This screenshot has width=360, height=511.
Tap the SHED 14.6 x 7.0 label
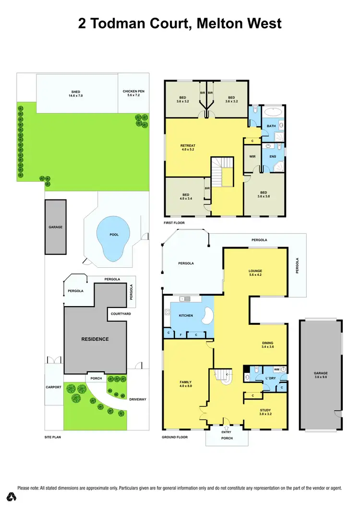click(x=76, y=94)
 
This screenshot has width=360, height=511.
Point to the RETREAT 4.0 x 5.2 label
click(x=188, y=147)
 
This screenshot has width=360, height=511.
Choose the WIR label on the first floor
click(x=252, y=156)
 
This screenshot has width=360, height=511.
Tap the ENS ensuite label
click(x=273, y=156)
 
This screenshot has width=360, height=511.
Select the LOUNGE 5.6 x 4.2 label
click(x=255, y=273)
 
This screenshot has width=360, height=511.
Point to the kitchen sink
click(x=185, y=299)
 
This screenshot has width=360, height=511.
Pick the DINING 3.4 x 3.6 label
click(x=268, y=345)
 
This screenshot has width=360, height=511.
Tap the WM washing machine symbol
click(x=277, y=369)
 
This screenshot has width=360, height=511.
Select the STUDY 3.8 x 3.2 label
click(x=265, y=411)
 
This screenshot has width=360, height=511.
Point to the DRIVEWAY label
click(x=138, y=399)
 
